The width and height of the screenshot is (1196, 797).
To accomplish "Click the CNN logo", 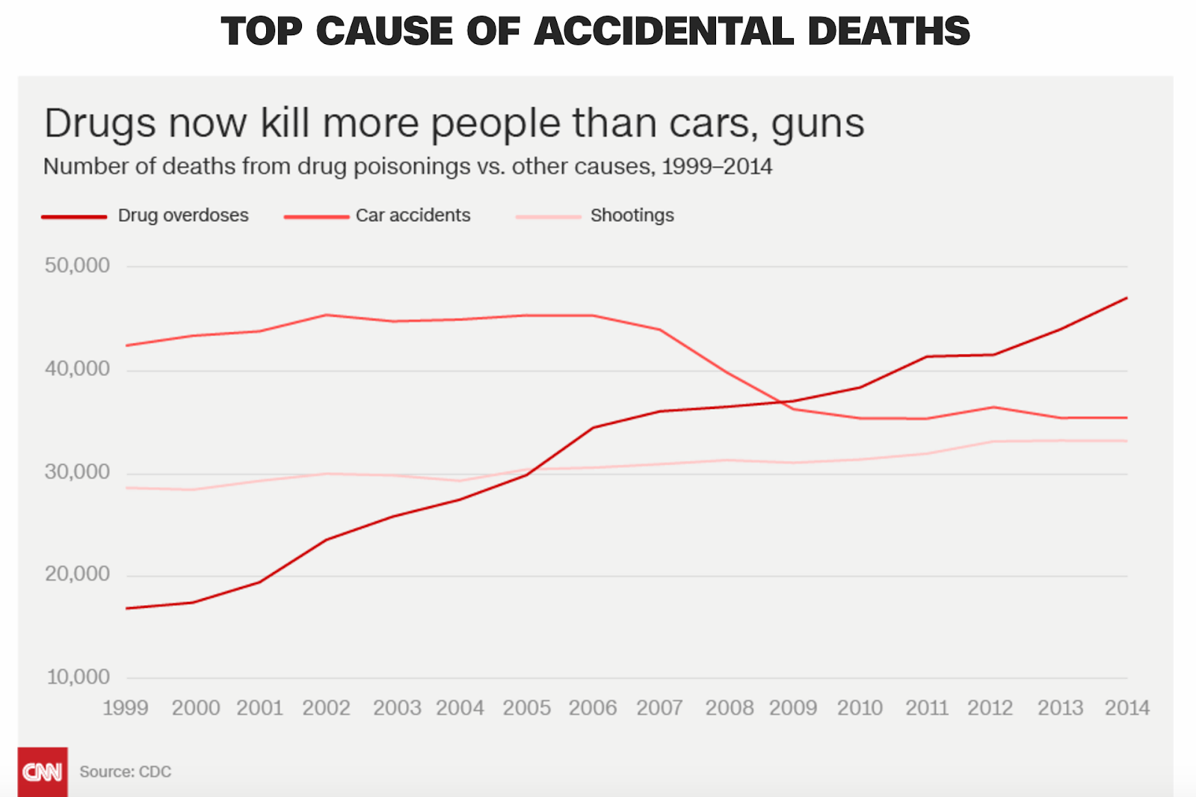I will pyautogui.click(x=43, y=772).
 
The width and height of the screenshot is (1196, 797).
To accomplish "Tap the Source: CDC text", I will pyautogui.click(x=126, y=772).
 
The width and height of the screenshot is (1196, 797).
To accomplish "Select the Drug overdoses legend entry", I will pyautogui.click(x=183, y=215).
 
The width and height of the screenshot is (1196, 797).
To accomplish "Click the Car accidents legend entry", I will pyautogui.click(x=413, y=215).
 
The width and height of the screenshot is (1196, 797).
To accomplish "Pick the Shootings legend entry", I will pyautogui.click(x=632, y=215).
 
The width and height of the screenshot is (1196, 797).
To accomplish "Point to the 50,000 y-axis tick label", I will pyautogui.click(x=77, y=265).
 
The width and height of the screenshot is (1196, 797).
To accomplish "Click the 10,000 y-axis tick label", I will pyautogui.click(x=78, y=677).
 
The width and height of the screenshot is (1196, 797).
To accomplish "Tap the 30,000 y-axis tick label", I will pyautogui.click(x=77, y=472).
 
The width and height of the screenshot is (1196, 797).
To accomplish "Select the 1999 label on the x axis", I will pyautogui.click(x=126, y=707).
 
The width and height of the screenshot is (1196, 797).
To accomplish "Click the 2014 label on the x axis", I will pyautogui.click(x=1127, y=707).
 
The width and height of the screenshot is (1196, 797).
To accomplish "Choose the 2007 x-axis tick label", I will pyautogui.click(x=659, y=707).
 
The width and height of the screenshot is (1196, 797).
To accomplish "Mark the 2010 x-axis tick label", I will pyautogui.click(x=860, y=707).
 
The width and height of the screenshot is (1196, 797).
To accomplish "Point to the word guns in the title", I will pyautogui.click(x=818, y=124).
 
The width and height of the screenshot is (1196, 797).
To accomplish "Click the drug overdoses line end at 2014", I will pyautogui.click(x=1126, y=298).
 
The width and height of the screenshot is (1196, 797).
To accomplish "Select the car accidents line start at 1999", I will pyautogui.click(x=127, y=345).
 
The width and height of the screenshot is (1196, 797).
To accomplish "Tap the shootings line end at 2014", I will pyautogui.click(x=1126, y=441).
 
